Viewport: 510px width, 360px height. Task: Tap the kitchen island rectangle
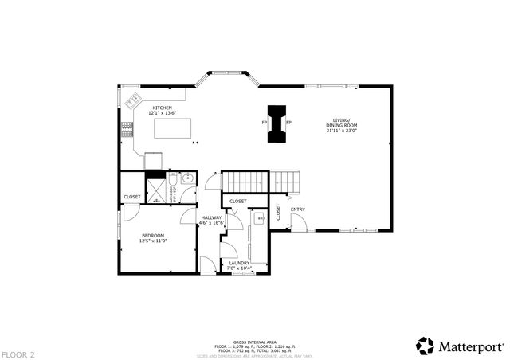[173, 127]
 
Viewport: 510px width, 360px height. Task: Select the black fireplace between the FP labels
[277, 123]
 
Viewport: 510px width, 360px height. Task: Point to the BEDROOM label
[153, 235]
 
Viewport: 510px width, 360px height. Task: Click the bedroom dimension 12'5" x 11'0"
[153, 241]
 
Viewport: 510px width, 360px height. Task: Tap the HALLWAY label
[211, 217]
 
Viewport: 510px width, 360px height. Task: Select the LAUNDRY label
[239, 263]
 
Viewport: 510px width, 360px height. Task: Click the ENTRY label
[298, 209]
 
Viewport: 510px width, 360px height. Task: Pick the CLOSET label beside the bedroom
[131, 197]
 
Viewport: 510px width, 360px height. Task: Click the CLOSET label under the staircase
[238, 201]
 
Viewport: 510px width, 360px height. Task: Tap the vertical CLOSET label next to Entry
[278, 212]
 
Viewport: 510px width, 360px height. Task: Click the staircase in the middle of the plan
[261, 181]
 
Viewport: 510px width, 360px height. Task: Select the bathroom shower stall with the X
[156, 191]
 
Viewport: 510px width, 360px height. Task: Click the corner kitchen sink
[133, 103]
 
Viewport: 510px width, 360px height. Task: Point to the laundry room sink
[260, 217]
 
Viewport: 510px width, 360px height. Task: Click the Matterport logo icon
[426, 346]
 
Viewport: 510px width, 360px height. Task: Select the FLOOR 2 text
[18, 354]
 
